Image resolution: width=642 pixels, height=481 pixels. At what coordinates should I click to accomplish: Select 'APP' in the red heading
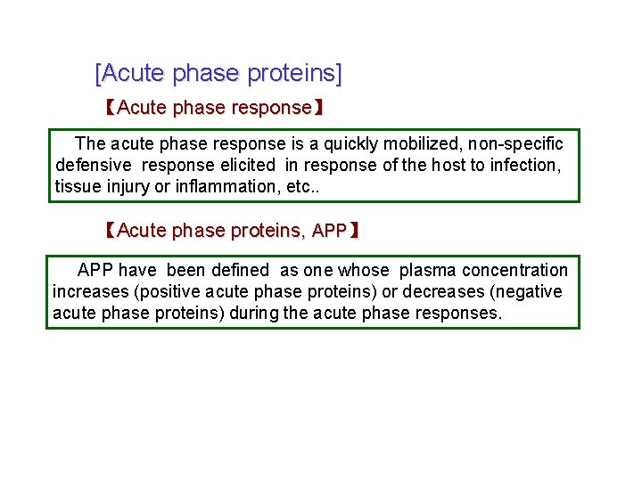point(330,232)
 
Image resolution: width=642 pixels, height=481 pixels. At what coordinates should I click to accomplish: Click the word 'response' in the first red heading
point(271,109)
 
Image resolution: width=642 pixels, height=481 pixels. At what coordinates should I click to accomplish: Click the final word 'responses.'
point(459,314)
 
